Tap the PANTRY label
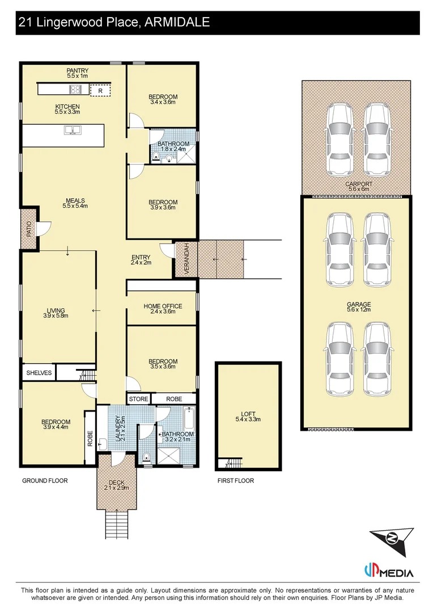[x=77, y=71]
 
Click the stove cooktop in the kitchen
[x=76, y=89]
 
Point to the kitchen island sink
[x=72, y=131]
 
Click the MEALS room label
[x=75, y=200]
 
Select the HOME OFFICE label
[x=162, y=306]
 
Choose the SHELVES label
[x=39, y=373]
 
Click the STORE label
[x=138, y=399]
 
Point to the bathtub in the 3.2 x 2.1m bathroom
[x=189, y=419]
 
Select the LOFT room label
[x=248, y=414]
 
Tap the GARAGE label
[x=358, y=305]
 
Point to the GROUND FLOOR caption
[x=45, y=481]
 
